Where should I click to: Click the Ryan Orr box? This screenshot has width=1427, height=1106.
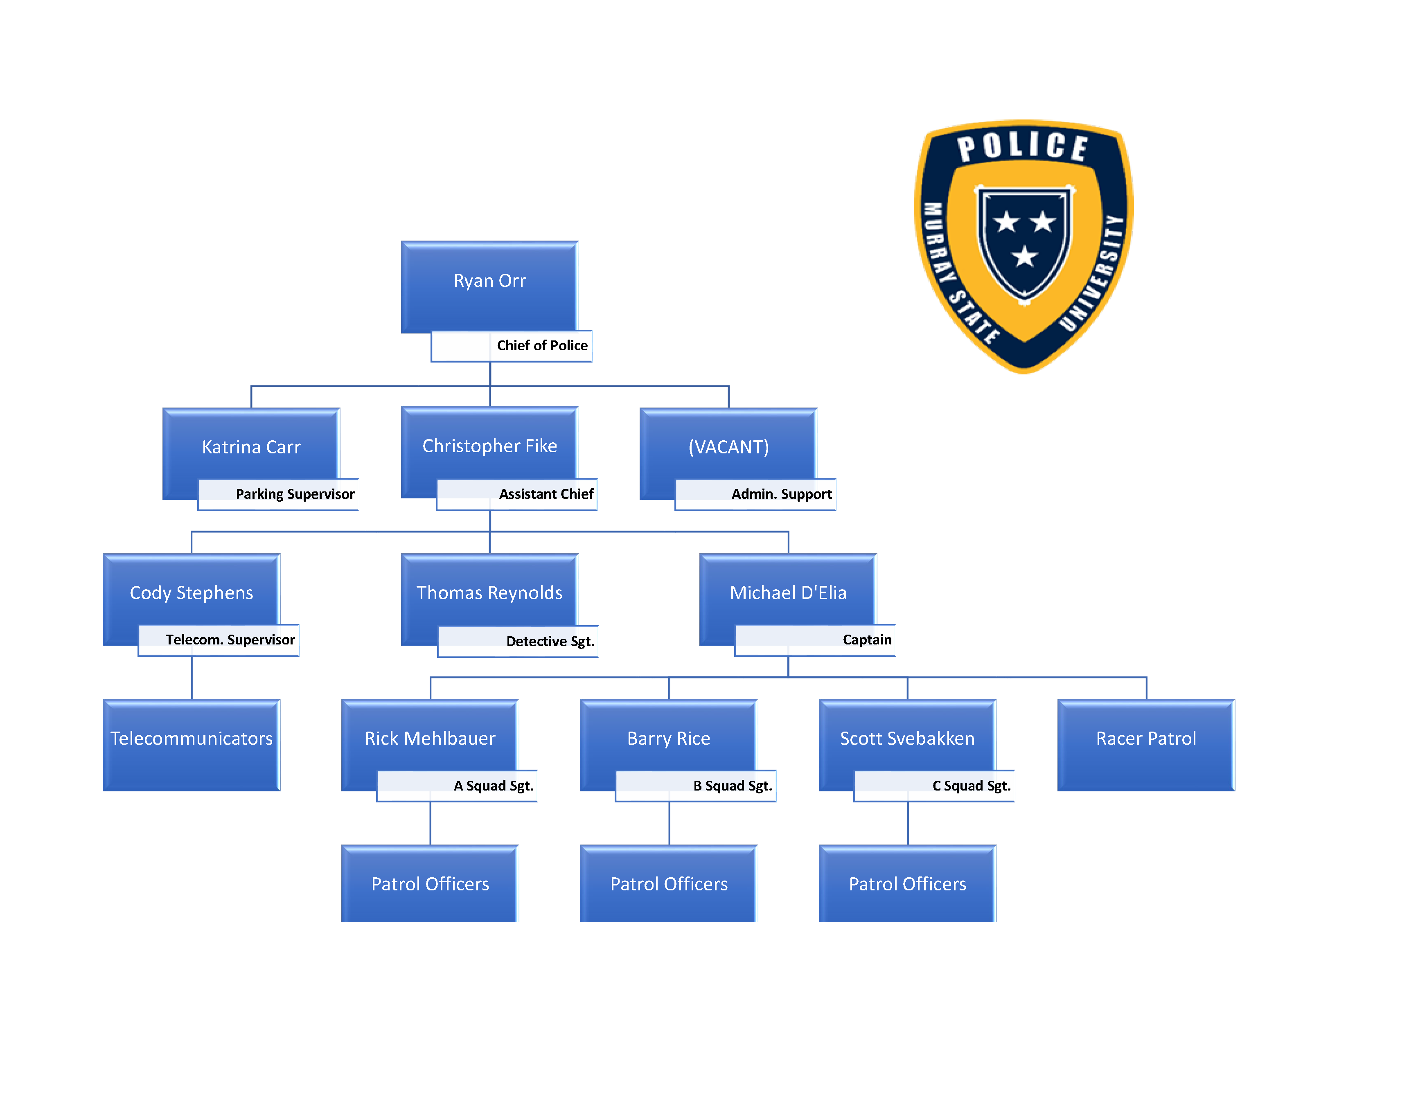click(x=489, y=282)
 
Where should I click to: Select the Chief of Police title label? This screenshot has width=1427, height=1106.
click(x=542, y=346)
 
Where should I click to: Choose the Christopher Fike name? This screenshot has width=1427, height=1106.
click(x=489, y=446)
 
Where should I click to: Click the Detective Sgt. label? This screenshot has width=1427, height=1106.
click(x=550, y=642)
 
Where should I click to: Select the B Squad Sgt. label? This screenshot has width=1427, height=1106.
click(x=732, y=786)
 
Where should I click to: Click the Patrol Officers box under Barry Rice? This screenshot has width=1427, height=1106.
click(x=668, y=884)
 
